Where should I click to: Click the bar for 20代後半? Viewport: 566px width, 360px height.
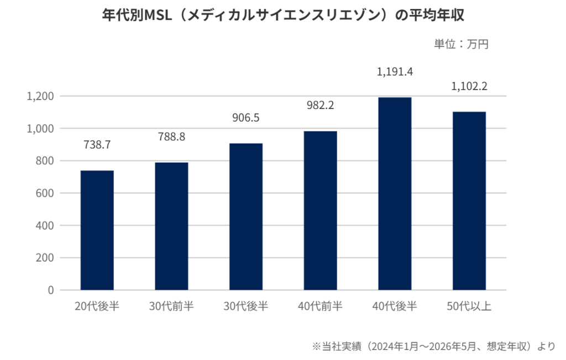97,230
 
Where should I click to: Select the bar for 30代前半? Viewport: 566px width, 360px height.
171,226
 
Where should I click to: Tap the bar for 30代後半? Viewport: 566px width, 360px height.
246,217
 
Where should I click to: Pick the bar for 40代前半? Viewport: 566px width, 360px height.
320,211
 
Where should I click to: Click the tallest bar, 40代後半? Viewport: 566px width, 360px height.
395,194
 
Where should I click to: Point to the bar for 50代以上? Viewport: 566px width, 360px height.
469,201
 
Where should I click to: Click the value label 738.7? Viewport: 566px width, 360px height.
97,145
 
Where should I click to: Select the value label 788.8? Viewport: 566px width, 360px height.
171,137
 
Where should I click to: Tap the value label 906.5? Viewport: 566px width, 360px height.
246,118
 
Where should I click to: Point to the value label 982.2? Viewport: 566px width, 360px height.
320,106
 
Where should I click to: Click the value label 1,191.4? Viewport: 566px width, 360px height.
395,72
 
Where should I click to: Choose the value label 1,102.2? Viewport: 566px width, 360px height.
469,86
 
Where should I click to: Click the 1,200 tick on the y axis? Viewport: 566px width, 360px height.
40,96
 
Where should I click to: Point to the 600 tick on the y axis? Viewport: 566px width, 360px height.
45,193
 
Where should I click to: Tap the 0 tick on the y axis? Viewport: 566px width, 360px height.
51,290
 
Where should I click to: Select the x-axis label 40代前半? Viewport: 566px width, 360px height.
320,306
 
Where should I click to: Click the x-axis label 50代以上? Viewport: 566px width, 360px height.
469,306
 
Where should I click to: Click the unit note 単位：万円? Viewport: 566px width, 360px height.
462,44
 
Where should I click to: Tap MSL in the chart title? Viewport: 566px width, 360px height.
158,15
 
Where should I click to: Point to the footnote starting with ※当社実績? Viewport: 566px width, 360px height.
433,346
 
